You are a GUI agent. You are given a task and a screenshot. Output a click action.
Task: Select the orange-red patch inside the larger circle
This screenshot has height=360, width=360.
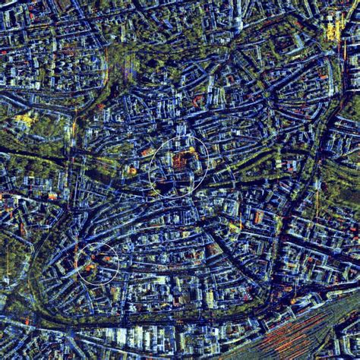[x=180, y=160]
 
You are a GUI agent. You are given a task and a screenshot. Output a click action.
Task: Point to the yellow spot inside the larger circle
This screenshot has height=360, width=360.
[x=191, y=151]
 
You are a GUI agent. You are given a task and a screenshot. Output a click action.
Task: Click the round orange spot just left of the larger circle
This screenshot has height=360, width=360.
[x=132, y=170]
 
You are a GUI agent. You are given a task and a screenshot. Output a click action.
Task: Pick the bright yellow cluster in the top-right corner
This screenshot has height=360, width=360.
[x=334, y=28]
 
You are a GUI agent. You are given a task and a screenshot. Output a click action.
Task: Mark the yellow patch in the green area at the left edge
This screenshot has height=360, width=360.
[x=23, y=119]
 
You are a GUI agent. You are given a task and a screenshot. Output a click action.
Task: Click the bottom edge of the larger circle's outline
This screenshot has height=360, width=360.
[x=178, y=196]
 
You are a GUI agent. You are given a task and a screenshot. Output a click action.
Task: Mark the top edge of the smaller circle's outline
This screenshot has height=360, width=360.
[x=99, y=243]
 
